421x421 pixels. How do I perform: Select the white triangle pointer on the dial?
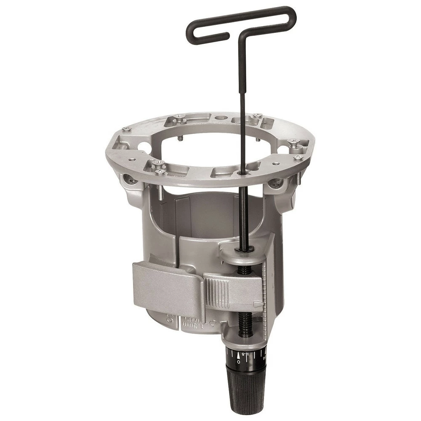tap(239, 355)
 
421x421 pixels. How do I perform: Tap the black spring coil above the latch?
tap(244, 270)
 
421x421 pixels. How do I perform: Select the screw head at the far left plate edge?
tap(126, 129)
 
